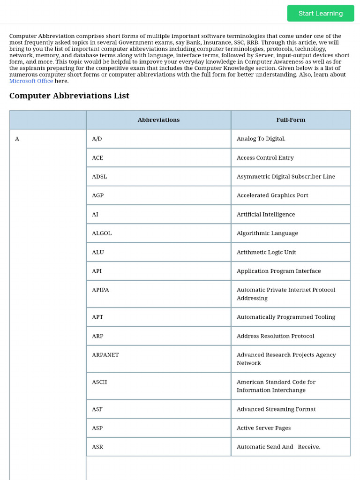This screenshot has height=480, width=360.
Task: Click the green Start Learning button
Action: (321, 13)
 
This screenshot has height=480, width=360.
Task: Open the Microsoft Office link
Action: (31, 81)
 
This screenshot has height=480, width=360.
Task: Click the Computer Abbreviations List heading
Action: (69, 96)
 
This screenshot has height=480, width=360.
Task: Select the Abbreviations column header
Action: (158, 120)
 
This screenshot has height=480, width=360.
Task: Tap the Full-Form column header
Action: (291, 120)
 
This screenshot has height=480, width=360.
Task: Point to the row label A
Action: (17, 139)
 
